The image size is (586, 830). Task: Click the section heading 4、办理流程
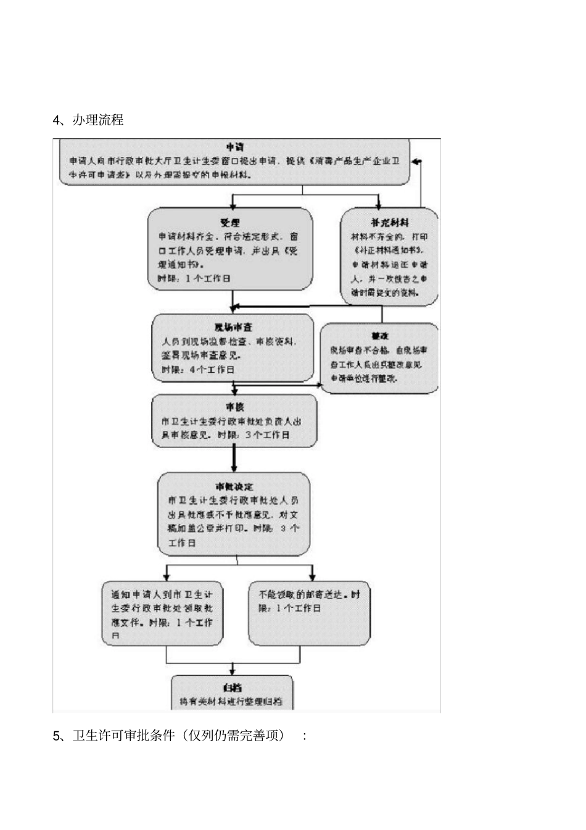click(x=88, y=120)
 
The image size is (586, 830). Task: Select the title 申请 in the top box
click(x=234, y=147)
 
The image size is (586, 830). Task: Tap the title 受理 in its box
click(x=229, y=222)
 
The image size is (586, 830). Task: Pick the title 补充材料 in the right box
click(x=390, y=222)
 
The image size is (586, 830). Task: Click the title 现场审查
click(x=233, y=327)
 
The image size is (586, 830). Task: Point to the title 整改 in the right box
click(x=379, y=336)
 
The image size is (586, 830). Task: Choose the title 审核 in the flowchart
click(x=234, y=407)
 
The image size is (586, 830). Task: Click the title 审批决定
click(x=234, y=487)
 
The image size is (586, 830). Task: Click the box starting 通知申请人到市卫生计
click(x=162, y=615)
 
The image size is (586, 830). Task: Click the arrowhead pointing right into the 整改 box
click(x=320, y=385)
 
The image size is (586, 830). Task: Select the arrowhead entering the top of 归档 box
click(x=232, y=671)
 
